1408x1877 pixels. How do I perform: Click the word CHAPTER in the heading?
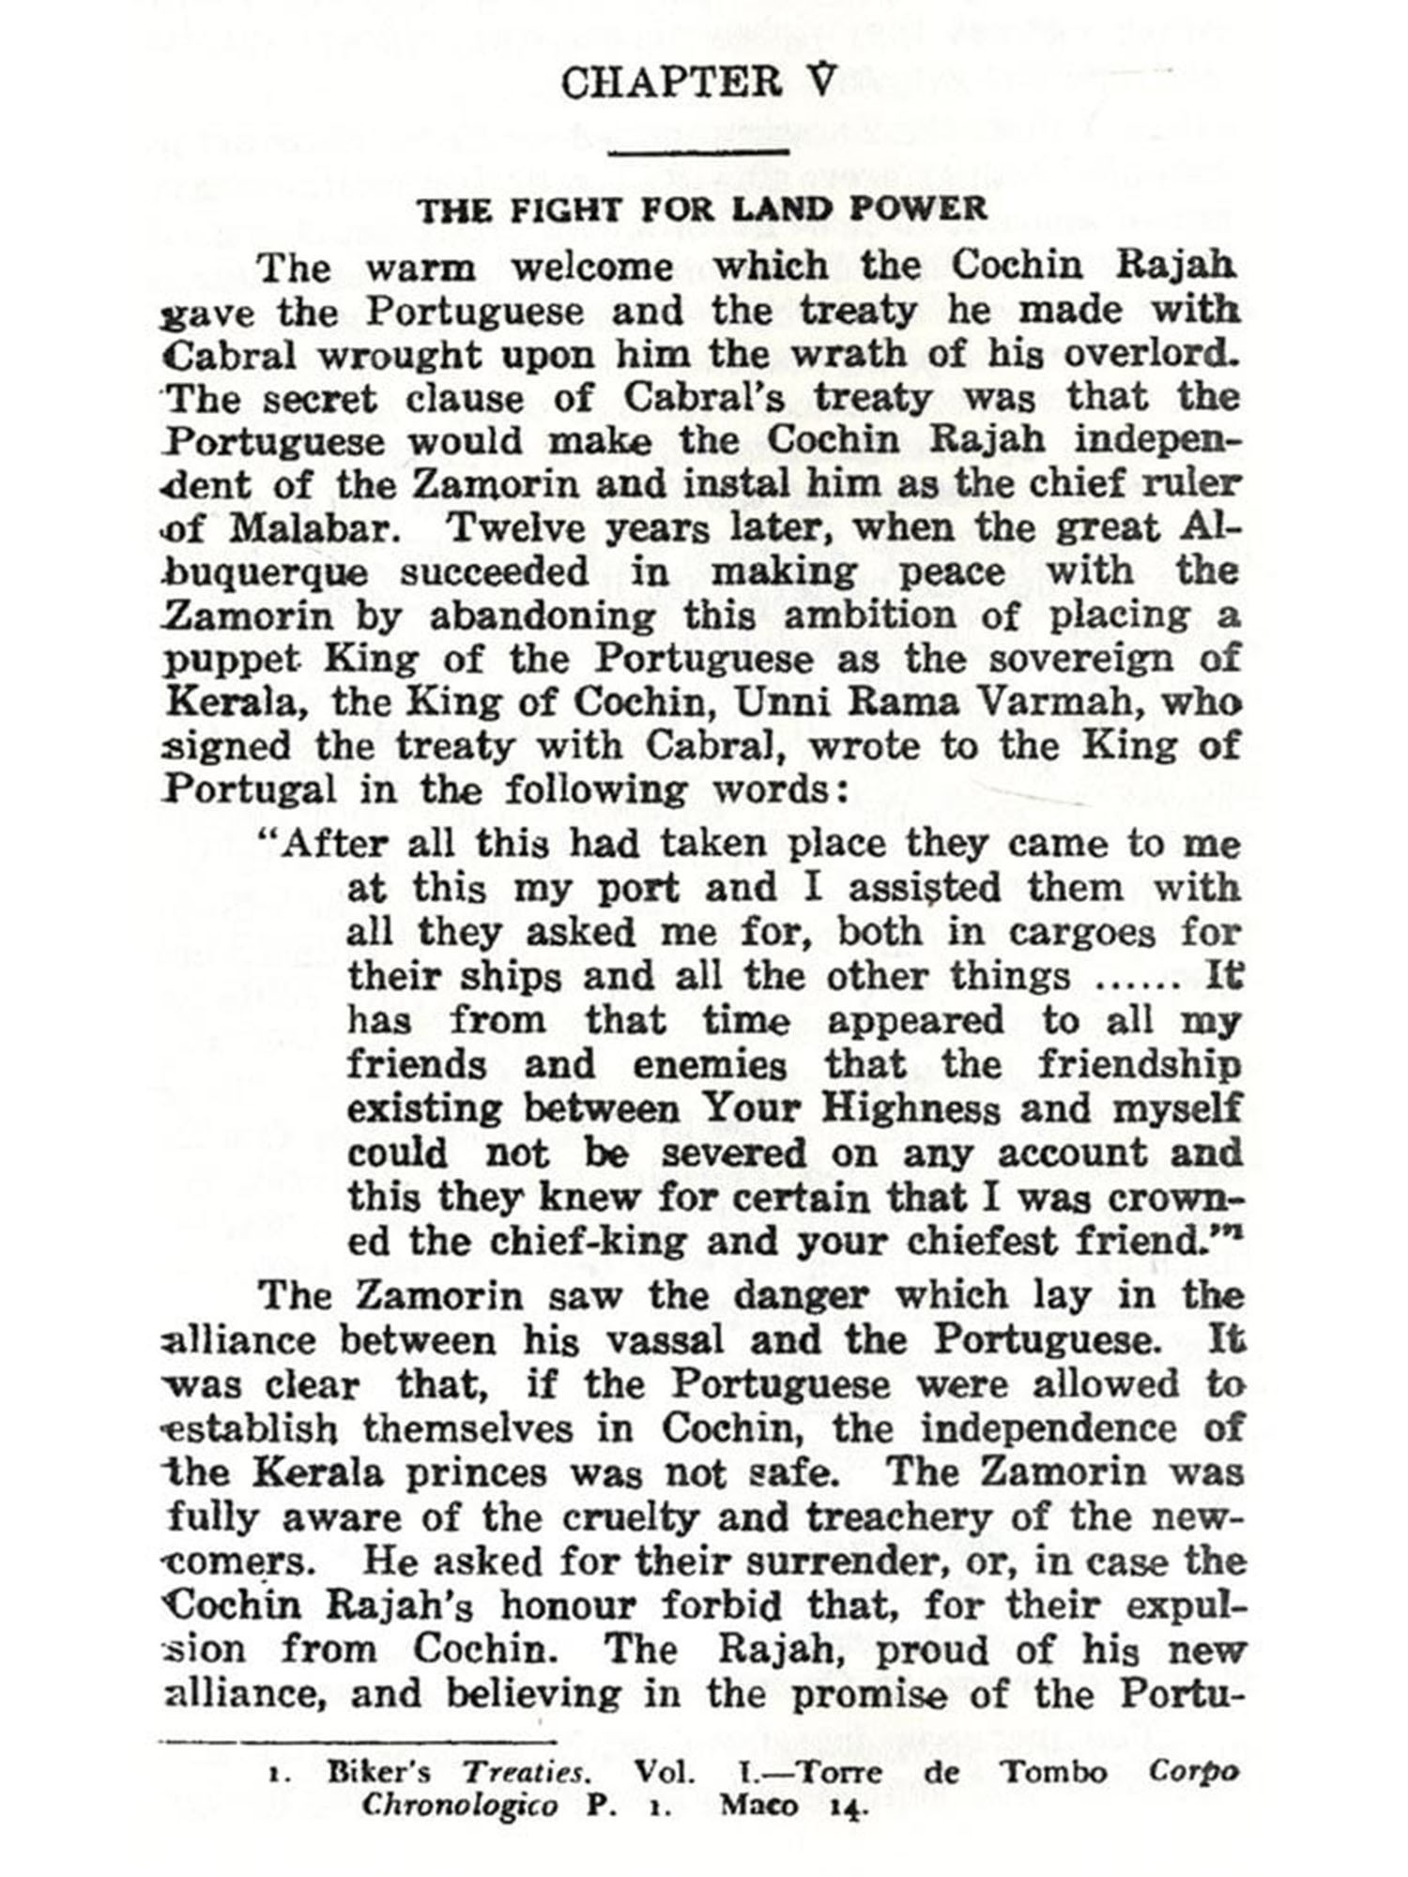pos(671,83)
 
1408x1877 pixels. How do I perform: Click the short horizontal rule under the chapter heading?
pos(698,150)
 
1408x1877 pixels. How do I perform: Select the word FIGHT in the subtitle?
pos(563,209)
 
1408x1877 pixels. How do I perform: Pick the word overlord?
pos(1151,355)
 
